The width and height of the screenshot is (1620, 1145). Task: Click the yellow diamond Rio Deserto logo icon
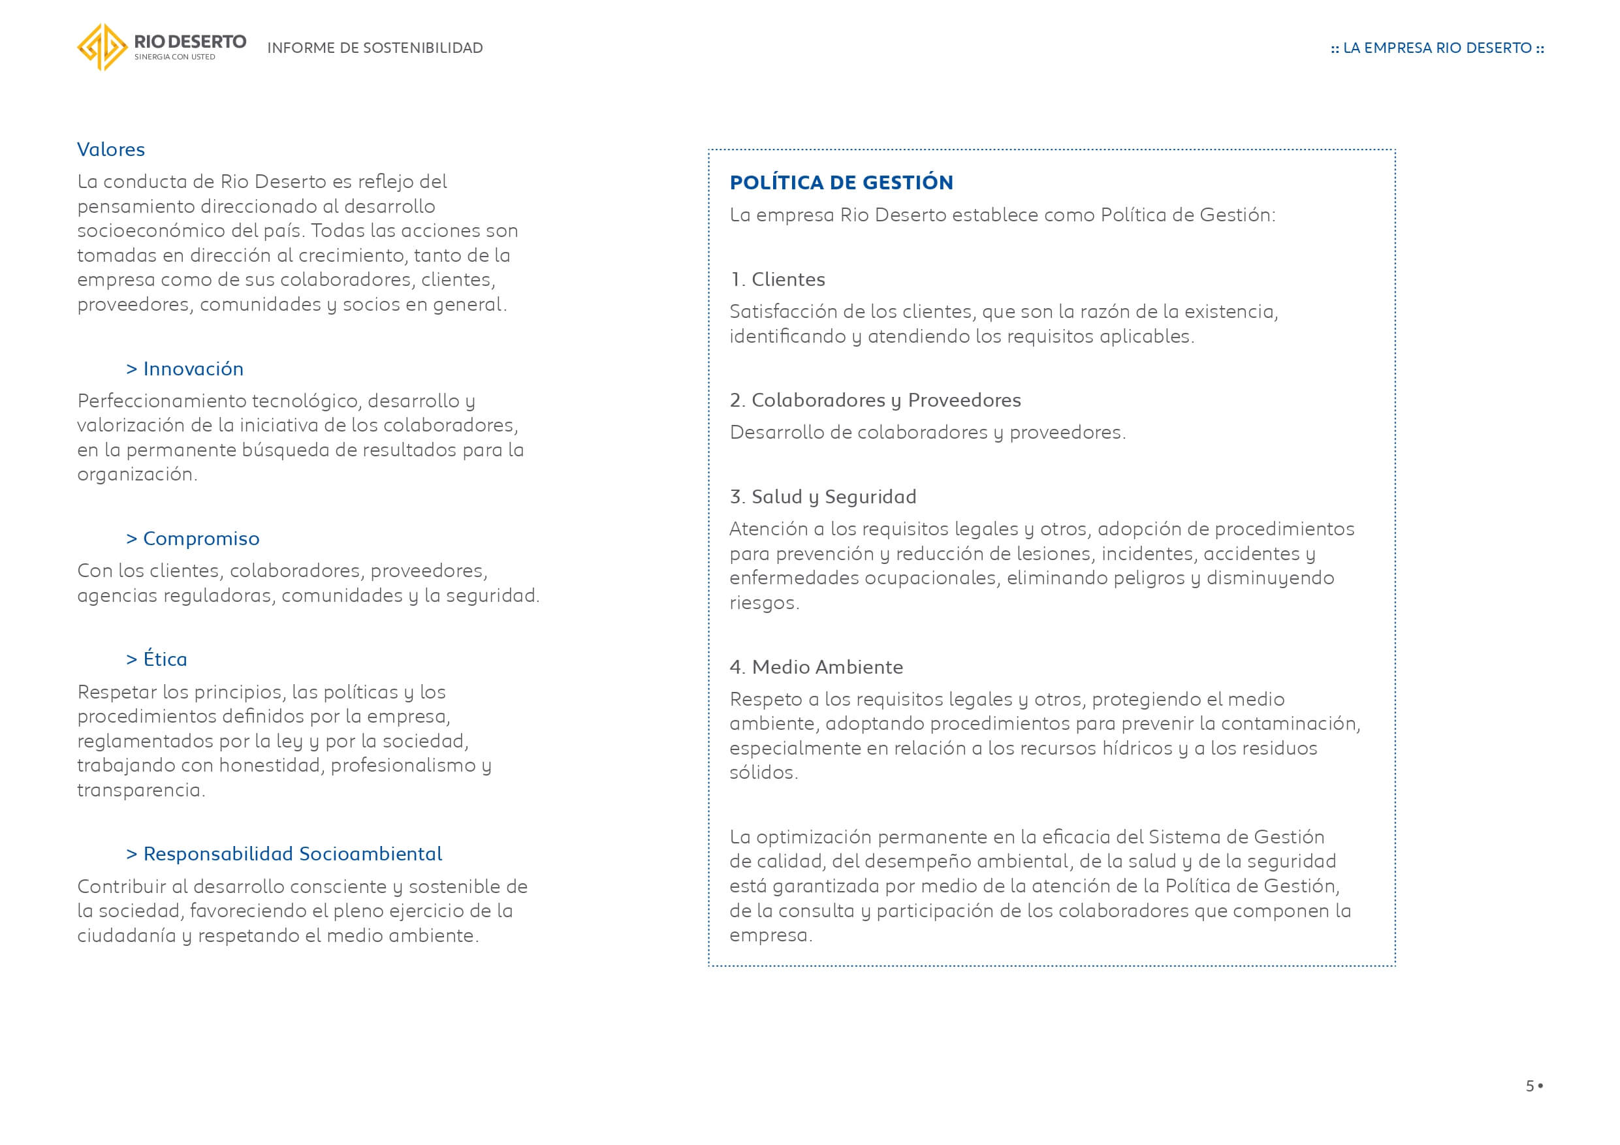pyautogui.click(x=103, y=47)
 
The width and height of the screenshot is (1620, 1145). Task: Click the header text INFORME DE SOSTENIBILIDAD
pyautogui.click(x=375, y=48)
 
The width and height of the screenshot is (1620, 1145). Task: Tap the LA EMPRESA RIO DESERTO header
pyautogui.click(x=1437, y=48)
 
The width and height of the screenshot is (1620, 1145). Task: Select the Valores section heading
pyautogui.click(x=111, y=149)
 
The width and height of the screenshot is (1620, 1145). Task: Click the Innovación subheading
pyautogui.click(x=185, y=369)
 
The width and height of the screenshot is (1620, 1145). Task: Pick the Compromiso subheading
pyautogui.click(x=193, y=539)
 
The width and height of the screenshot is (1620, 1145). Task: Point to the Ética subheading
pyautogui.click(x=157, y=659)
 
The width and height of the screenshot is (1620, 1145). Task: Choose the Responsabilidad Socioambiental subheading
pyautogui.click(x=283, y=855)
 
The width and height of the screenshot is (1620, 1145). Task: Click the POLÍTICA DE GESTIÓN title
pyautogui.click(x=841, y=183)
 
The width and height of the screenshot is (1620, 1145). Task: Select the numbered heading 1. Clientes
pyautogui.click(x=777, y=280)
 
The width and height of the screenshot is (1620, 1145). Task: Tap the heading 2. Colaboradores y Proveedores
pyautogui.click(x=875, y=401)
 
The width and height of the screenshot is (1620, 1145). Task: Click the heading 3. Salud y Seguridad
pyautogui.click(x=823, y=497)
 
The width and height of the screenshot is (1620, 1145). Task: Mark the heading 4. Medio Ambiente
pyautogui.click(x=816, y=667)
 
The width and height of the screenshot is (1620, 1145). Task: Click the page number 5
pyautogui.click(x=1530, y=1086)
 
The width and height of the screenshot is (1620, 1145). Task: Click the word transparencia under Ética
pyautogui.click(x=140, y=791)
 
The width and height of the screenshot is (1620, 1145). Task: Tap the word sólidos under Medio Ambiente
pyautogui.click(x=762, y=773)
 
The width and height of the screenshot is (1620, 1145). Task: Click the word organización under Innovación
pyautogui.click(x=135, y=475)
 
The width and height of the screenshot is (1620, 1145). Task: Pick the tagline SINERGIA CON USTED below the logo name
pyautogui.click(x=174, y=57)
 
